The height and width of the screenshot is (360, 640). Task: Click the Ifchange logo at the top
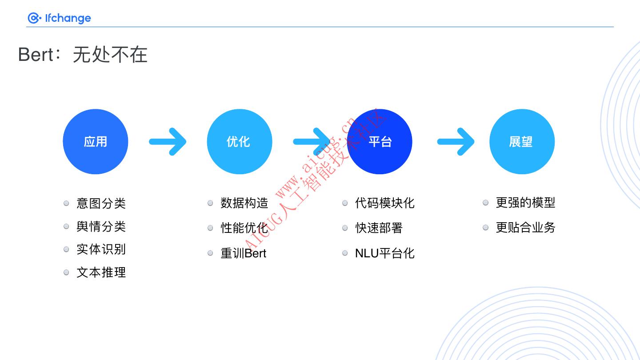point(59,18)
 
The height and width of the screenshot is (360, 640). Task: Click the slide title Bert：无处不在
point(83,55)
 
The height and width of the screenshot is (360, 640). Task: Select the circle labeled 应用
point(96,142)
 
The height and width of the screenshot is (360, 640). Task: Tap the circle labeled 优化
point(239,142)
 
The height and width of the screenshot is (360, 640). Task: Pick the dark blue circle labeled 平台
point(380,142)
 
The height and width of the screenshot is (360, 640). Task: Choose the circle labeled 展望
point(522,142)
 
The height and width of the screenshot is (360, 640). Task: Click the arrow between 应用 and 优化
point(168,142)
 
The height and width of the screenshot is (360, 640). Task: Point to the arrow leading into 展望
point(456,142)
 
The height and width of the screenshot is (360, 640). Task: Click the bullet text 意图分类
point(101,204)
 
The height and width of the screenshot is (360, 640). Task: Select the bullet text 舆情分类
point(101,227)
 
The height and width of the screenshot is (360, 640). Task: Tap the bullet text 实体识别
point(101,249)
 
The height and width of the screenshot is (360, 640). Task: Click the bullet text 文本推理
point(101,272)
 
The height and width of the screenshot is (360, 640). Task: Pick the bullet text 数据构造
point(244,204)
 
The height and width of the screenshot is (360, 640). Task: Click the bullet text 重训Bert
point(244,253)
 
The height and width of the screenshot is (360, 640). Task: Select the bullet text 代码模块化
point(385,203)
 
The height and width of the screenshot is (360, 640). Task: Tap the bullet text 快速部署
point(379,228)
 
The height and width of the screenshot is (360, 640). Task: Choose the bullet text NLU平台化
point(385,253)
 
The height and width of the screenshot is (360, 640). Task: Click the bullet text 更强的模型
point(526,203)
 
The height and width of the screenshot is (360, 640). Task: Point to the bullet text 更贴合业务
point(526,228)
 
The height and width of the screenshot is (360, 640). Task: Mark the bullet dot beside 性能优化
point(210,228)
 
